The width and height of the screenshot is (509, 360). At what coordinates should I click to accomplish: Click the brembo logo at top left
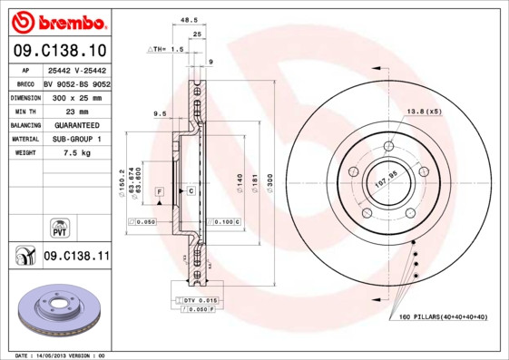pos(58,20)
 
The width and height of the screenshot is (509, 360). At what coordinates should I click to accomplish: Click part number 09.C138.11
pos(76,257)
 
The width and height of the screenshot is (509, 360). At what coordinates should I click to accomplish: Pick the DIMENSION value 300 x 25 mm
pos(76,95)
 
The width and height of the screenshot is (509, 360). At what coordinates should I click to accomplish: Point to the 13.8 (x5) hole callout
pos(423,111)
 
